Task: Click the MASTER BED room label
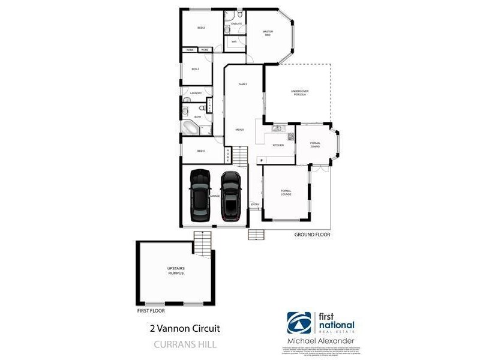click(x=268, y=34)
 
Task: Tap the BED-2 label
click(x=202, y=28)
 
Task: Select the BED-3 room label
click(x=195, y=69)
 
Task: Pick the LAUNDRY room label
click(x=196, y=93)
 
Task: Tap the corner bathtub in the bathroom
click(x=191, y=128)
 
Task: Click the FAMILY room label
click(x=243, y=84)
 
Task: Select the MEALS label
click(x=239, y=130)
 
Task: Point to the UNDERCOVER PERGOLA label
click(x=299, y=93)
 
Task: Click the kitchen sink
click(x=277, y=128)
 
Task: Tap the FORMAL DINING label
click(x=315, y=145)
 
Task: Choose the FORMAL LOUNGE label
click(x=286, y=193)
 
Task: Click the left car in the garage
click(x=200, y=195)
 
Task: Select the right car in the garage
click(x=230, y=196)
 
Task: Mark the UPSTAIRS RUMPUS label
click(x=175, y=271)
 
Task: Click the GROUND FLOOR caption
click(x=312, y=235)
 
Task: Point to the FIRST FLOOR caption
click(x=150, y=311)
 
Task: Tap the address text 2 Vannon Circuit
click(x=178, y=328)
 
